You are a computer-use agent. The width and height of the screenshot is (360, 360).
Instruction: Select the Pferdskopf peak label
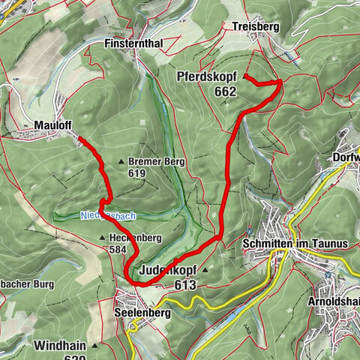coord(208,77)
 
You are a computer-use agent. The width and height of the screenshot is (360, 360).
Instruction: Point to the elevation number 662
coord(224,91)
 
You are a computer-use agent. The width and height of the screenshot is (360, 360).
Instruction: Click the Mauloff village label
coord(52,125)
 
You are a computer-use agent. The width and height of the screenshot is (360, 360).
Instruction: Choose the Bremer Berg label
coord(157,161)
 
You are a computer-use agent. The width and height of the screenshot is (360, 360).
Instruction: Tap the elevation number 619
coord(136,173)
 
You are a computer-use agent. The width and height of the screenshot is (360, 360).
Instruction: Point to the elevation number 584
coord(118,250)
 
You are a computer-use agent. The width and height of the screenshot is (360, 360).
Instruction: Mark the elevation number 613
coord(184,285)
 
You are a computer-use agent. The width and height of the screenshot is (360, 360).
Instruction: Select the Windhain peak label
coord(61,346)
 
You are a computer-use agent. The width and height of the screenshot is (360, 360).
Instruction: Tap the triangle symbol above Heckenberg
coord(102,238)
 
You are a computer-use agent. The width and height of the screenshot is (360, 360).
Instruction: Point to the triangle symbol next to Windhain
coord(96,346)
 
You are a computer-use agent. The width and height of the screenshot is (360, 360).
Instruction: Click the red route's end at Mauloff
coord(80,139)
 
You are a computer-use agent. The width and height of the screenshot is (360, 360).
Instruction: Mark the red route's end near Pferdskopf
coord(246,76)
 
